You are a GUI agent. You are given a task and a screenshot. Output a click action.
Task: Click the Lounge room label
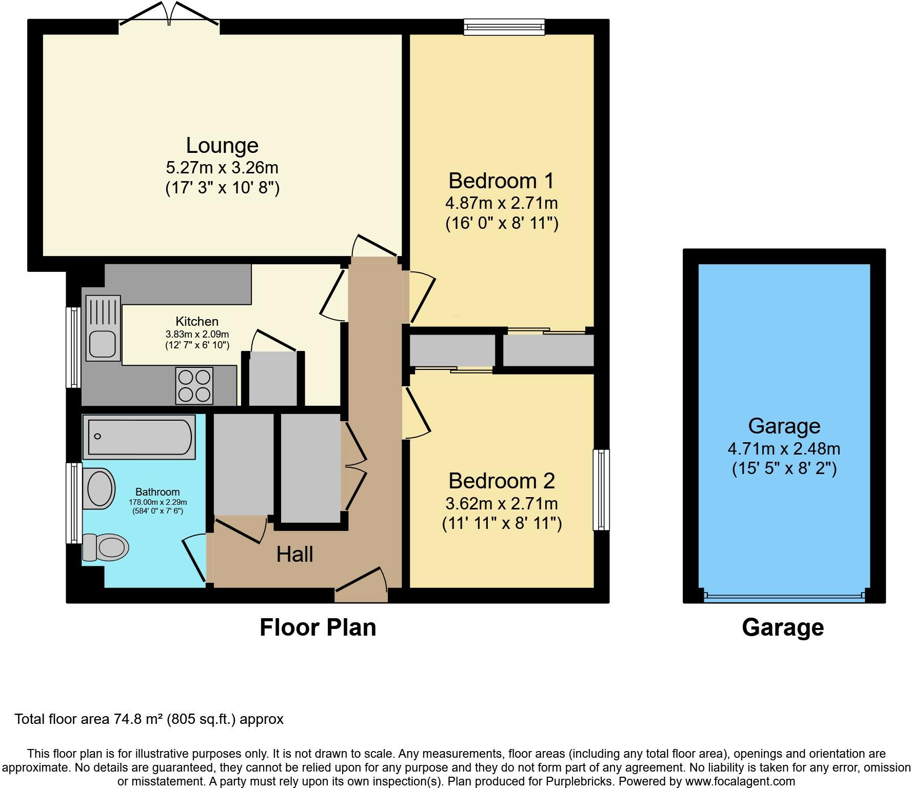[222, 146]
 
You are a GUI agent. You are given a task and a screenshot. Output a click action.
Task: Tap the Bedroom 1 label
[502, 181]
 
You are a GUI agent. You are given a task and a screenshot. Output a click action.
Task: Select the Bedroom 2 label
[502, 481]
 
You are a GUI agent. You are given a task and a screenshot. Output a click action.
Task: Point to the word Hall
[295, 555]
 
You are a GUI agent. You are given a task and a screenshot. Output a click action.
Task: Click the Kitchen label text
[197, 322]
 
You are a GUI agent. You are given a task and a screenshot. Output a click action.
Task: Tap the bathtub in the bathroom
[139, 437]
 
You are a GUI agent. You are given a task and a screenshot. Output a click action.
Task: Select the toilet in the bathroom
[106, 547]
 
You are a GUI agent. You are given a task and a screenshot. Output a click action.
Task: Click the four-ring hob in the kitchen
[194, 386]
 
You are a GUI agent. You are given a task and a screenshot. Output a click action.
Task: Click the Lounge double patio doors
[170, 14]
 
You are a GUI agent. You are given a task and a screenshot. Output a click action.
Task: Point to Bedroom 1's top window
[504, 27]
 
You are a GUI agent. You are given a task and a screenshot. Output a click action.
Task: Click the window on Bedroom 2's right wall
[601, 489]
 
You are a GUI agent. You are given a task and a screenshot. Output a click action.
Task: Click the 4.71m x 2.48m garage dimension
[784, 449]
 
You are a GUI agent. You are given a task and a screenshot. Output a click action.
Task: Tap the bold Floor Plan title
[318, 627]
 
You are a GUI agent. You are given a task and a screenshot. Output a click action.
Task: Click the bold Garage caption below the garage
[783, 627]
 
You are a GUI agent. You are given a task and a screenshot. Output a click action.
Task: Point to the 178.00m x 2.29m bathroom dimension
[157, 502]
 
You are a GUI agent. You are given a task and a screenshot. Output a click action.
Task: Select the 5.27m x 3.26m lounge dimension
[222, 168]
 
